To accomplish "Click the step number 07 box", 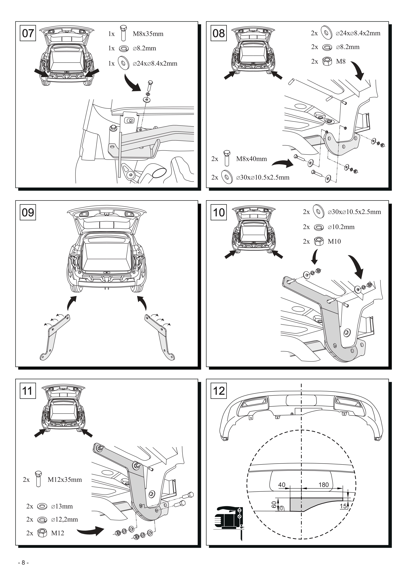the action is point(28,33).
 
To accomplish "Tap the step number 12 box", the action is point(219,391).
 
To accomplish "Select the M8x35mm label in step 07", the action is point(148,34).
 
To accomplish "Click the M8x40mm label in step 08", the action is point(252,159).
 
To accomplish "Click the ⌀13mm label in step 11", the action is point(62,506).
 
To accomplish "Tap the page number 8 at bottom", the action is point(23,563).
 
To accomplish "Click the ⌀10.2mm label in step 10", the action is point(341,227).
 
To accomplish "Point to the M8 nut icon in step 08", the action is point(328,61).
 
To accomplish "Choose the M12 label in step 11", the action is point(57,533).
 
